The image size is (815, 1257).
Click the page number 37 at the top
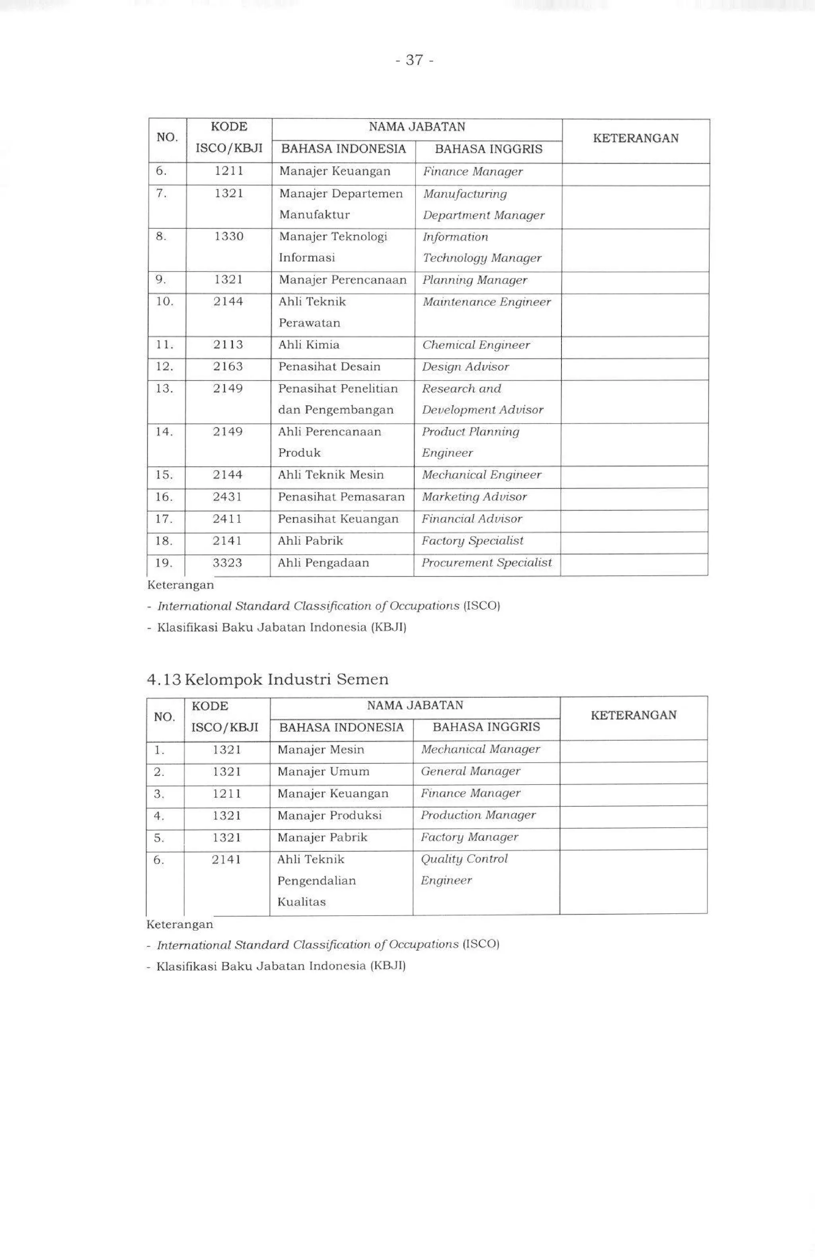pyautogui.click(x=415, y=60)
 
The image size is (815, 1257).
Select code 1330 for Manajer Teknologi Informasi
pyautogui.click(x=228, y=236)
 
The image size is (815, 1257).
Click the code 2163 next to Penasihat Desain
pyautogui.click(x=228, y=367)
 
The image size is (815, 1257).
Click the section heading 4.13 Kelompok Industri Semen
pyautogui.click(x=267, y=679)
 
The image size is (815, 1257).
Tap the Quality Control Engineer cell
pyautogui.click(x=464, y=869)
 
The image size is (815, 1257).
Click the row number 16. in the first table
pyautogui.click(x=164, y=497)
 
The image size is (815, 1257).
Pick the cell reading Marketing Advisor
pyautogui.click(x=474, y=497)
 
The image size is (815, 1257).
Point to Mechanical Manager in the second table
pyautogui.click(x=480, y=750)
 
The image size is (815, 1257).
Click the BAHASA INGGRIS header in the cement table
pyautogui.click(x=486, y=727)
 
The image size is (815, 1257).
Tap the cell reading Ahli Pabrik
pyautogui.click(x=310, y=541)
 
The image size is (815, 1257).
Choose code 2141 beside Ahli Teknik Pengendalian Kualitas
pyautogui.click(x=226, y=860)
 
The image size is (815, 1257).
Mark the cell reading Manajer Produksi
pyautogui.click(x=329, y=816)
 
